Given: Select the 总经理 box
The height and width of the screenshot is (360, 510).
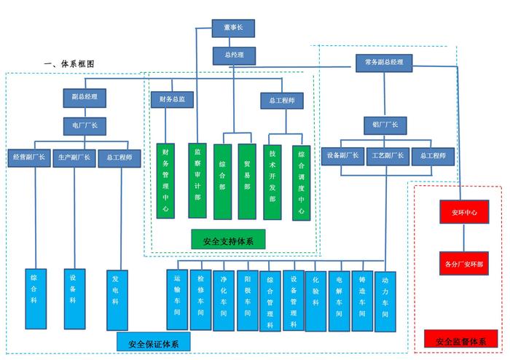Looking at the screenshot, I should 233,55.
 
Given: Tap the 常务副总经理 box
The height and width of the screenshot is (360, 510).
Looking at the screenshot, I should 384,63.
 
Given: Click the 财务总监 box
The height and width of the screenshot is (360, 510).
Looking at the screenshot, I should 172,97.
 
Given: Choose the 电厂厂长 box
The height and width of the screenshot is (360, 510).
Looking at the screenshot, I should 85,125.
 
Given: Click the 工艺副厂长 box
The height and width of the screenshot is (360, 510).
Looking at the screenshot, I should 389,155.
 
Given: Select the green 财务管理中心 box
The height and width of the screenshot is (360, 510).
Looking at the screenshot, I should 166,180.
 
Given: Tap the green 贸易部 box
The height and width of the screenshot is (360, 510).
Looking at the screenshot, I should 248,181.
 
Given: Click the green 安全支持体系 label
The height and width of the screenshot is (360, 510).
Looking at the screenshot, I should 228,239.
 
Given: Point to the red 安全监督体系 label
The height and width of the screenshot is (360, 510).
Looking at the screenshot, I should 461,340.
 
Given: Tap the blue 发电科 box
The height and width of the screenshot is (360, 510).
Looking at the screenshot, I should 116,298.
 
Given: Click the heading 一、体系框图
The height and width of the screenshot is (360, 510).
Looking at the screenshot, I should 69,64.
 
